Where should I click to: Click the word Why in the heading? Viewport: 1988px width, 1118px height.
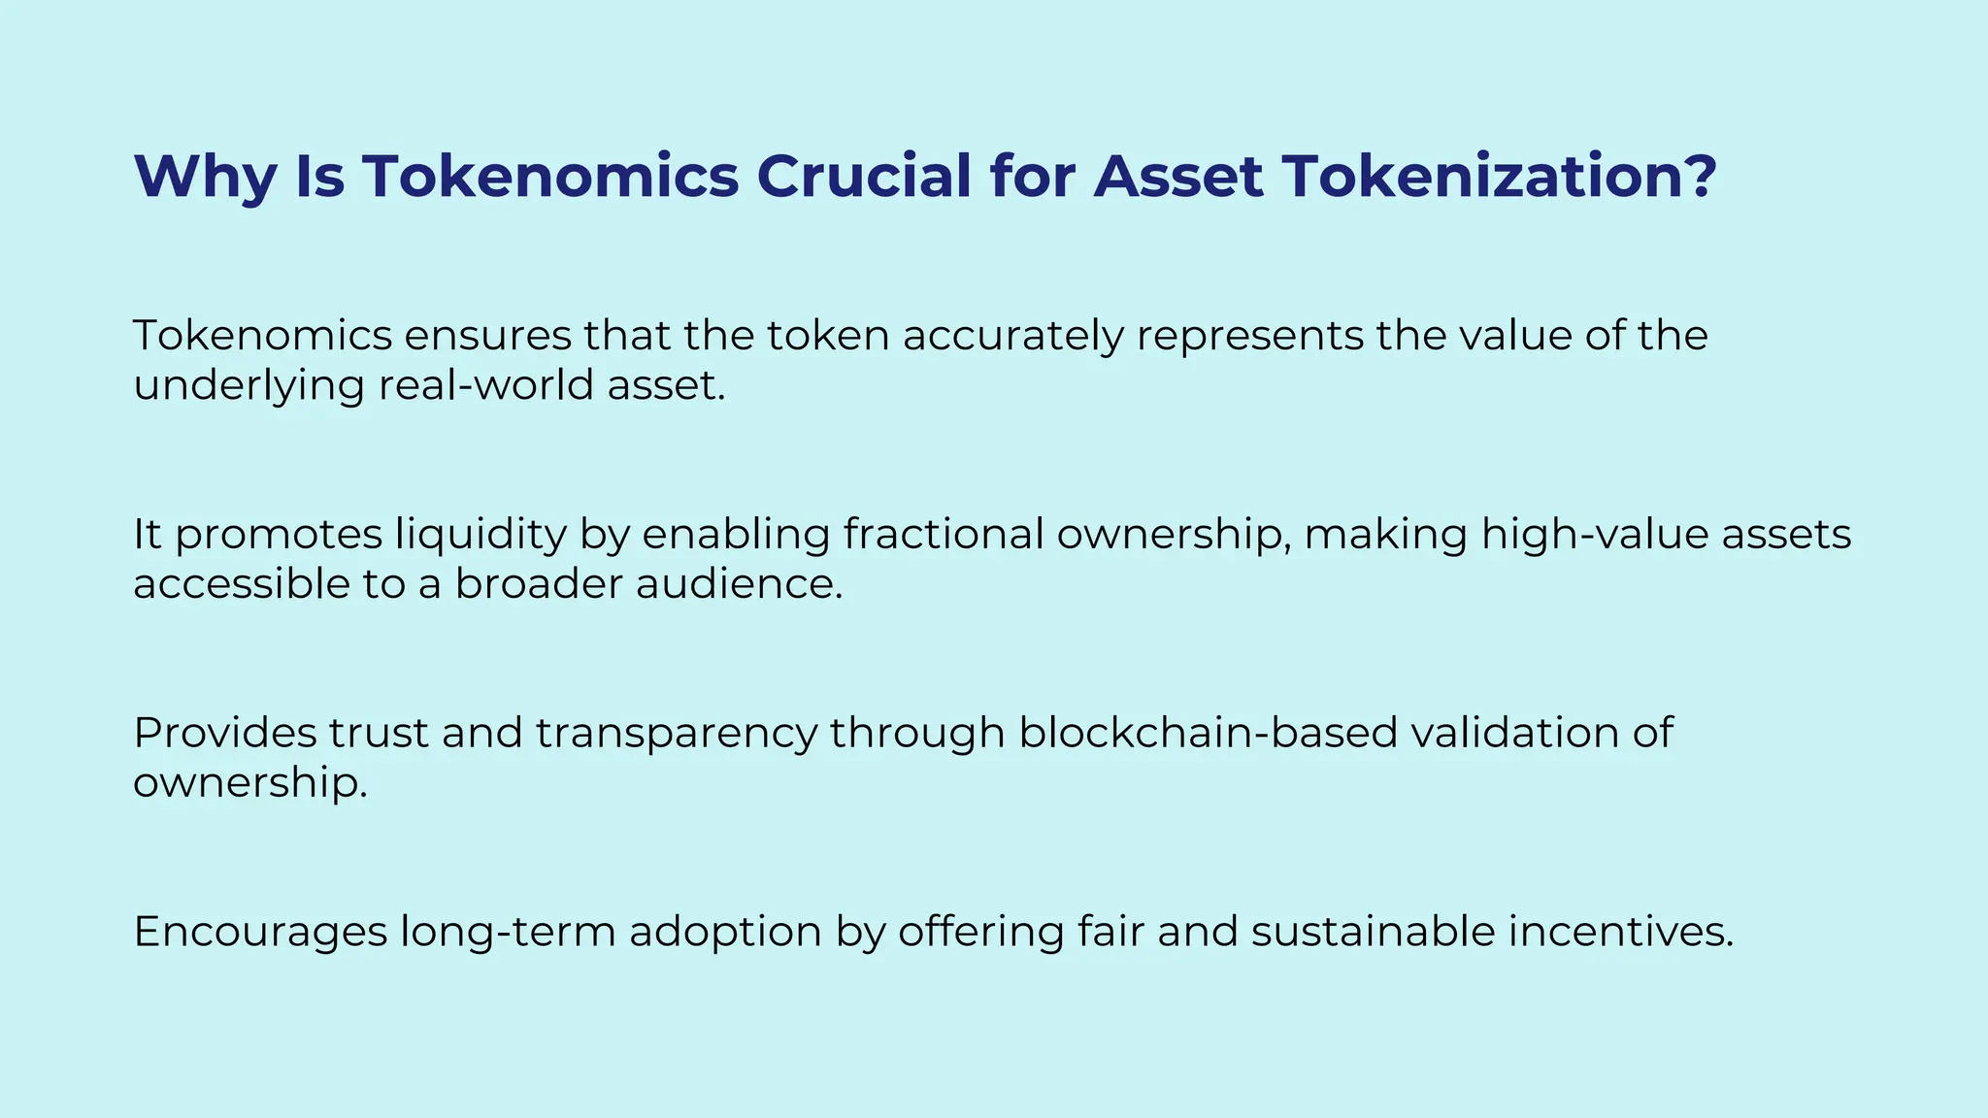[x=204, y=177]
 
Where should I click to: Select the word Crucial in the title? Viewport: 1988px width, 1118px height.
[x=863, y=177]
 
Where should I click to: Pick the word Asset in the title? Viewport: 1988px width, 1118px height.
[x=1177, y=177]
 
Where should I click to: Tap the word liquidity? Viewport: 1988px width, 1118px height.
[x=480, y=535]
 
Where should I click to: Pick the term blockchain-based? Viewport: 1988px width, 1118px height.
[x=1208, y=733]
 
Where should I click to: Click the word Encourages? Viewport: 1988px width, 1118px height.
[x=260, y=932]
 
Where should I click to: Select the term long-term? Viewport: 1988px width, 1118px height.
[x=508, y=933]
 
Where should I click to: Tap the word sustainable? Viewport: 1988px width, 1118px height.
[x=1373, y=932]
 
